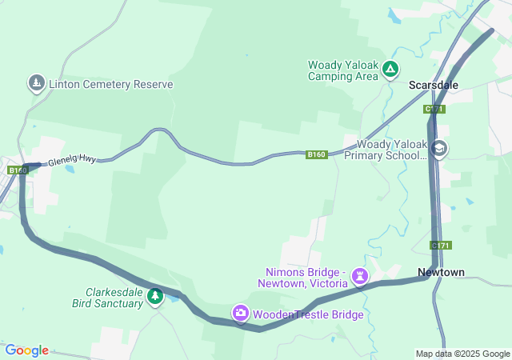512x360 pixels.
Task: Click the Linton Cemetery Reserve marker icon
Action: pyautogui.click(x=36, y=82)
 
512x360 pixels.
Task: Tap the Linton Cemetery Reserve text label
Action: pyautogui.click(x=110, y=84)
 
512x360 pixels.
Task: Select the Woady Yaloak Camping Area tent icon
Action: pyautogui.click(x=390, y=70)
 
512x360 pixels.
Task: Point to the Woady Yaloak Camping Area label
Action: pyautogui.click(x=342, y=70)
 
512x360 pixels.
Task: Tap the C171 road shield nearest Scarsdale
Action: pyautogui.click(x=435, y=109)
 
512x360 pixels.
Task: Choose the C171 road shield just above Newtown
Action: pyautogui.click(x=440, y=245)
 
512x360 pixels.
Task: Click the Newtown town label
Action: pyautogui.click(x=441, y=273)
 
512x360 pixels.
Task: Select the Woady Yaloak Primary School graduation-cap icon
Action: pyautogui.click(x=439, y=149)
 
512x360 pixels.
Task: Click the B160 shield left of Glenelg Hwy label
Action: pyautogui.click(x=17, y=170)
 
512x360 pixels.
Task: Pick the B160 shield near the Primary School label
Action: pyautogui.click(x=317, y=154)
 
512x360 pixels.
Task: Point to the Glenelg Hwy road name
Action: pyautogui.click(x=72, y=160)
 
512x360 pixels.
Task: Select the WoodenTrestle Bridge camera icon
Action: pyautogui.click(x=241, y=314)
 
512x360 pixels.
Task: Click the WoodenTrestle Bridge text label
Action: pyautogui.click(x=308, y=315)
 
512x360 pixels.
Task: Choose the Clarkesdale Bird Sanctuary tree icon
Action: pyautogui.click(x=155, y=297)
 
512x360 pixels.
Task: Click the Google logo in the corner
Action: pyautogui.click(x=27, y=350)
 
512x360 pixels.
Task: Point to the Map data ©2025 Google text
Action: pyautogui.click(x=462, y=354)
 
